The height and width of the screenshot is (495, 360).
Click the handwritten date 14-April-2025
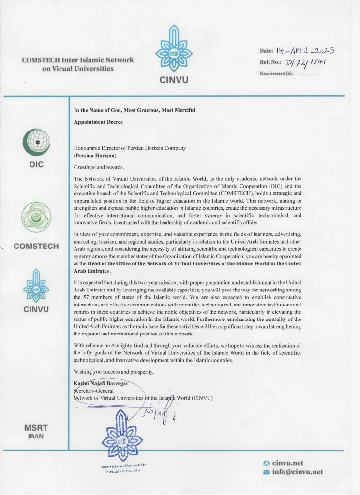click(x=305, y=51)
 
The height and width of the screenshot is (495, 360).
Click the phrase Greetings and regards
click(x=99, y=167)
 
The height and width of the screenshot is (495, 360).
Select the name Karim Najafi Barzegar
click(x=101, y=384)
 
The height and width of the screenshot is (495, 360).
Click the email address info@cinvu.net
click(x=298, y=472)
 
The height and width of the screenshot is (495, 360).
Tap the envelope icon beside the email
click(x=266, y=472)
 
